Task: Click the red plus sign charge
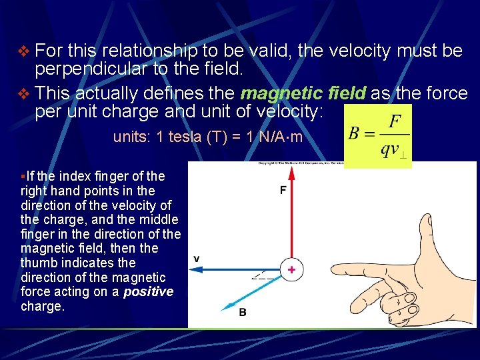[291, 269]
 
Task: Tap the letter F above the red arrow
[283, 190]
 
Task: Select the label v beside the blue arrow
[197, 257]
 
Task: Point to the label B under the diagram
[243, 312]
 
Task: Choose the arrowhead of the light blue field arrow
[225, 305]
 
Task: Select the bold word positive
[149, 292]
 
